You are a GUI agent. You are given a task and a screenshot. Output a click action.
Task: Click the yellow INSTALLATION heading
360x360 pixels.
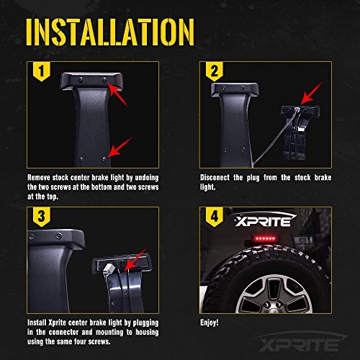click(x=110, y=32)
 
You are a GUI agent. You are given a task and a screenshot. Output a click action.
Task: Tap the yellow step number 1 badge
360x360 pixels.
click(x=42, y=71)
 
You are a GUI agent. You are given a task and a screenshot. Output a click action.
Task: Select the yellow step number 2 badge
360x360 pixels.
click(x=215, y=71)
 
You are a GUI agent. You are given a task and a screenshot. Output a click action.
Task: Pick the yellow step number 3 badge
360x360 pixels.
click(x=42, y=217)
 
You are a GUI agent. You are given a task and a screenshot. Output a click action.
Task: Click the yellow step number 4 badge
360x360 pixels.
click(x=215, y=217)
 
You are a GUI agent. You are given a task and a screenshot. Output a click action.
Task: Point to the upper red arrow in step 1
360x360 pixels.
click(x=117, y=94)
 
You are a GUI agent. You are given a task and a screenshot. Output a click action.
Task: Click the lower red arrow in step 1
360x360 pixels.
click(x=120, y=148)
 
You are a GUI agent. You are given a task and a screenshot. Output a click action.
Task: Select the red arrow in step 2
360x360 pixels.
click(x=311, y=94)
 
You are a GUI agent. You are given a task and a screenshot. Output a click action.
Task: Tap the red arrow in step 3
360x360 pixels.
click(x=135, y=260)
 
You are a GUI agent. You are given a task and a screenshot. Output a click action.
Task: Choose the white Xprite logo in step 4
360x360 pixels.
click(x=265, y=220)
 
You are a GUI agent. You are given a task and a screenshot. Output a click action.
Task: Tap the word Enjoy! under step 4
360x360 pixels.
click(x=210, y=323)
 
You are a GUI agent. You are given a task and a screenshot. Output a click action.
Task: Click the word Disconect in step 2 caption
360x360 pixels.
click(x=215, y=178)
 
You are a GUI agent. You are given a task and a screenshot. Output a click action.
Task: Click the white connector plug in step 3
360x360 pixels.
click(x=108, y=268)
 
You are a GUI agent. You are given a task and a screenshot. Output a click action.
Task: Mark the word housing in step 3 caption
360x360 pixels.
click(x=147, y=333)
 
